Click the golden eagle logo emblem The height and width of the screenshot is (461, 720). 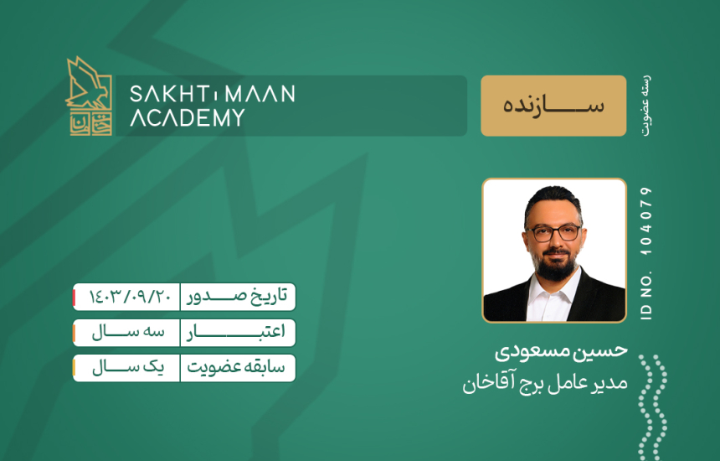[x=89, y=96]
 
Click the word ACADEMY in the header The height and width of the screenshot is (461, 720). [x=188, y=117]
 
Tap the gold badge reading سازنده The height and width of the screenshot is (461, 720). [x=553, y=106]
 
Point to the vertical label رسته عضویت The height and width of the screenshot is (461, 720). [x=646, y=106]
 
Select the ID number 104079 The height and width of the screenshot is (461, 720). [x=645, y=221]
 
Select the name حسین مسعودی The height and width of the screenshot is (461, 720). [x=561, y=351]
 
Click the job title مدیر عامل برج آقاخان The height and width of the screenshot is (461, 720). [x=545, y=383]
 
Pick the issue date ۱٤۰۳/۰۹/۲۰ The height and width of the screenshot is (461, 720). [x=130, y=297]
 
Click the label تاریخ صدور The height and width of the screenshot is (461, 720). [x=237, y=297]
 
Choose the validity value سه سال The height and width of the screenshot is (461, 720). [x=128, y=332]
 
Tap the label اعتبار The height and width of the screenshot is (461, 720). [x=235, y=332]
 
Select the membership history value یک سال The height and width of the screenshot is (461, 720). [x=128, y=368]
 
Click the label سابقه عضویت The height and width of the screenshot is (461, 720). [x=236, y=368]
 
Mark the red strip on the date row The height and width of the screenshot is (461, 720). [x=75, y=298]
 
